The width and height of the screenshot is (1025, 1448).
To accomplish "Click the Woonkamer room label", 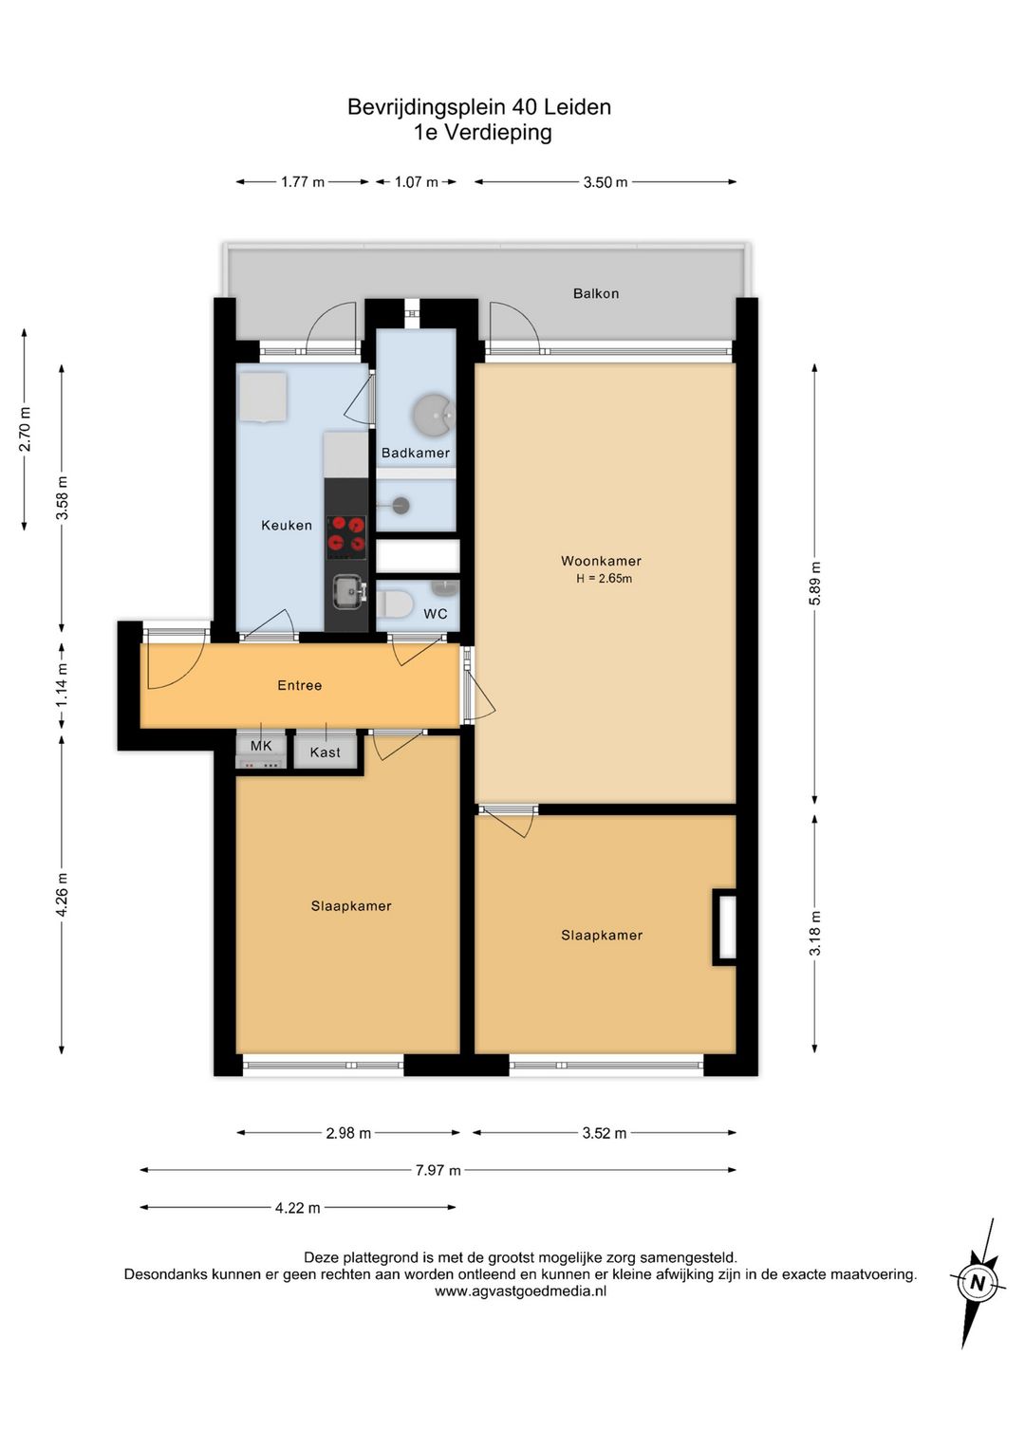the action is pyautogui.click(x=601, y=561).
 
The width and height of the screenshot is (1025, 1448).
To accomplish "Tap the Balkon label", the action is pyautogui.click(x=596, y=293).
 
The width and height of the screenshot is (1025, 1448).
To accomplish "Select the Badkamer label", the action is pyautogui.click(x=415, y=454).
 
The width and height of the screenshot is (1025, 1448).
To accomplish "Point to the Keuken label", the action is pyautogui.click(x=287, y=526).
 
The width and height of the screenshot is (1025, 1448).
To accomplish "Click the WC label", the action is pyautogui.click(x=436, y=614).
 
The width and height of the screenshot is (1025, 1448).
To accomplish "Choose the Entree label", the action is pyautogui.click(x=299, y=685).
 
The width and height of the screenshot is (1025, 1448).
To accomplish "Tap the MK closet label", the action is pyautogui.click(x=261, y=746).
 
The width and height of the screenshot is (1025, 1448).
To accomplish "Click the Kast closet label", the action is pyautogui.click(x=325, y=752).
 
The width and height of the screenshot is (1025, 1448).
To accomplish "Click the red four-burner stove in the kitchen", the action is pyautogui.click(x=346, y=537).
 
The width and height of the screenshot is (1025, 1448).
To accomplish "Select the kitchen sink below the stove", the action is pyautogui.click(x=349, y=593).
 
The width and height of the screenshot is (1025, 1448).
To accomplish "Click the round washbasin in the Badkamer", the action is pyautogui.click(x=434, y=414).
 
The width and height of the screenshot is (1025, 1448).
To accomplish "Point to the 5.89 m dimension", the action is pyautogui.click(x=815, y=583).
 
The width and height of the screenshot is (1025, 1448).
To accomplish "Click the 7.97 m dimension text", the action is pyautogui.click(x=438, y=1170).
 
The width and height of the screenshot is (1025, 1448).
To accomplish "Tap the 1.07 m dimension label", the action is pyautogui.click(x=417, y=181).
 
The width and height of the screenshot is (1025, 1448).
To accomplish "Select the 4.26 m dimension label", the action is pyautogui.click(x=62, y=894).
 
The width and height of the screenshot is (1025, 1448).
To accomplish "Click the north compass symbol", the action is pyautogui.click(x=978, y=1283).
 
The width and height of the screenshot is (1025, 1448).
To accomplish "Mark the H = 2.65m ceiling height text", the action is pyautogui.click(x=604, y=579).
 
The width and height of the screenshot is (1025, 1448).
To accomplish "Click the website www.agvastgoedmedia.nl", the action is pyautogui.click(x=521, y=1291).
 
